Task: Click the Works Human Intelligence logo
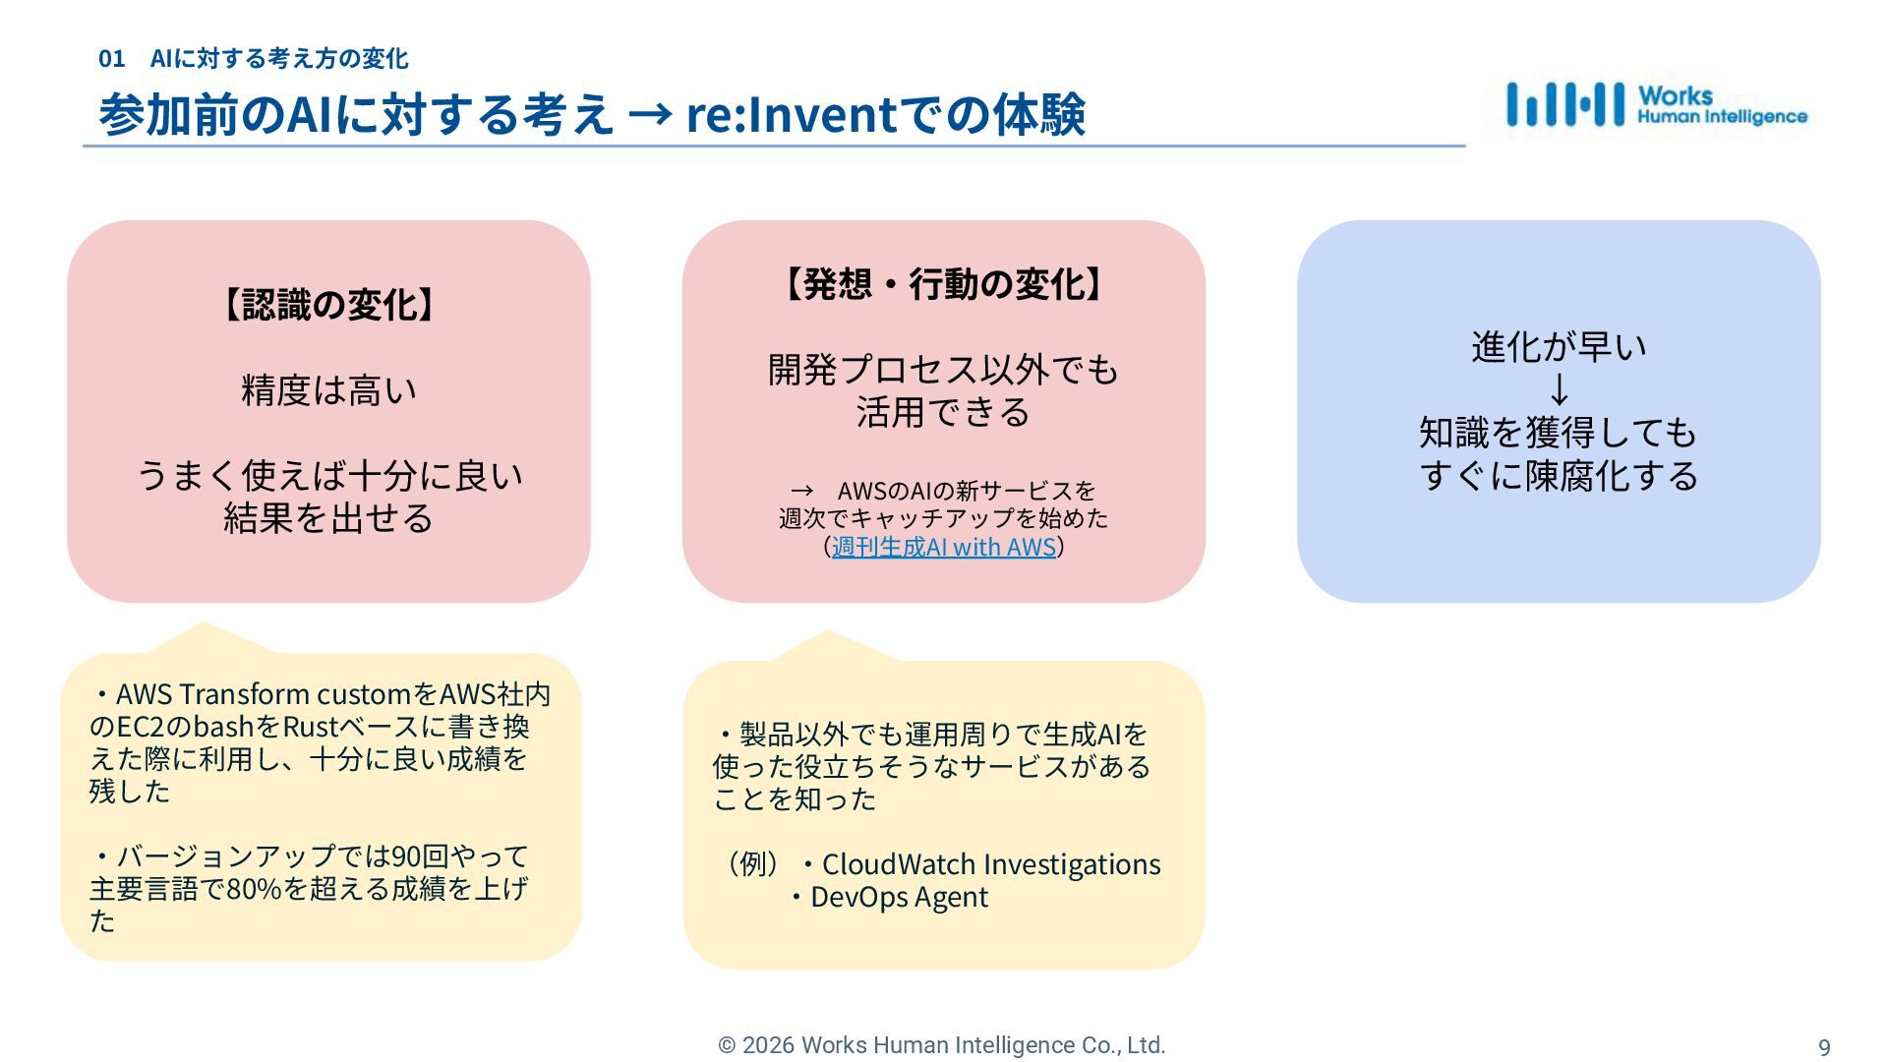click(1656, 104)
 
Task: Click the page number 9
click(1824, 1047)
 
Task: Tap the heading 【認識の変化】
click(328, 305)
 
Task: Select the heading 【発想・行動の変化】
click(943, 284)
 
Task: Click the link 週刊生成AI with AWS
click(943, 547)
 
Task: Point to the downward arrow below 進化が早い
click(1559, 390)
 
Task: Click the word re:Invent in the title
click(792, 114)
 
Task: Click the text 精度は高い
click(328, 390)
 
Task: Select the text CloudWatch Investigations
click(990, 864)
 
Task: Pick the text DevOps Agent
click(899, 897)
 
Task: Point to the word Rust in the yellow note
click(310, 727)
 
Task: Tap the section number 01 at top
click(111, 59)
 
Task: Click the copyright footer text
click(941, 1045)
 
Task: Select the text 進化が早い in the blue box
click(1559, 347)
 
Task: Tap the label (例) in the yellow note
click(752, 864)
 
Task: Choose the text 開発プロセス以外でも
click(943, 370)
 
